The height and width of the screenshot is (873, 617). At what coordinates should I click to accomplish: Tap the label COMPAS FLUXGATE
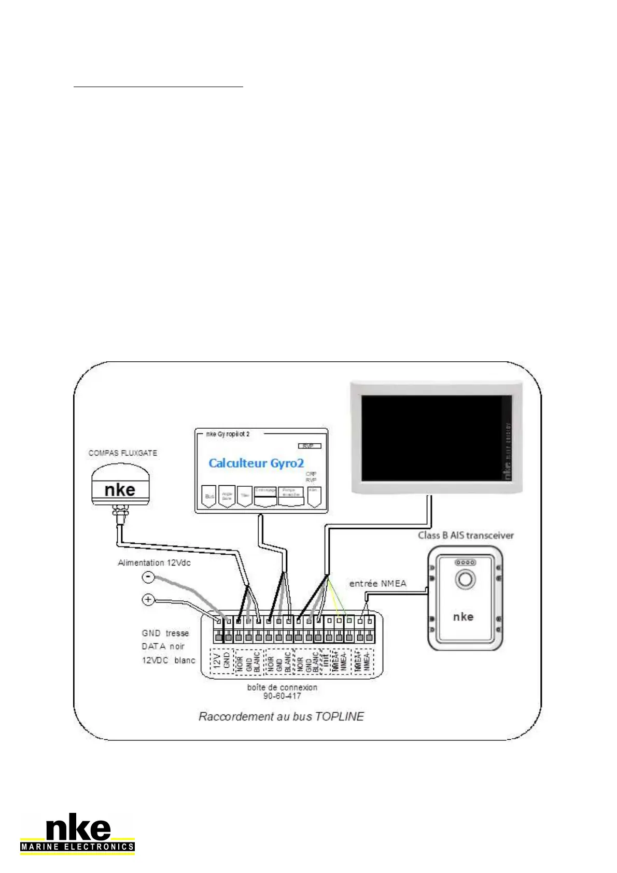122,453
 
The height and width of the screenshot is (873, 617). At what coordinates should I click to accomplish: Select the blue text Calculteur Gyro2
256,463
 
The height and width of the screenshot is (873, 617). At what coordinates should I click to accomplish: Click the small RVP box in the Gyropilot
310,446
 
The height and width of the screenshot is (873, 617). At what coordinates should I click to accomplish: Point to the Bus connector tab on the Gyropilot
209,496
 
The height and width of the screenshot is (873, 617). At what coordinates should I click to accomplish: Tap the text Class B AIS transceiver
466,536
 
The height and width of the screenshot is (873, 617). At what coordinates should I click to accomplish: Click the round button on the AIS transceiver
465,579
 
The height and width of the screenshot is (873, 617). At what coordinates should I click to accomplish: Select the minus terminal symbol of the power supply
148,576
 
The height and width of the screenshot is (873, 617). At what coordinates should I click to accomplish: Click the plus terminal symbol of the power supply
148,600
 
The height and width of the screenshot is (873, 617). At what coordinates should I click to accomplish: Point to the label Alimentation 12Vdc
154,563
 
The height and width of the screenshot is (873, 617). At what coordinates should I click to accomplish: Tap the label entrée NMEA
377,584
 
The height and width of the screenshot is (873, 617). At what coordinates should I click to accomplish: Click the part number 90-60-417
282,696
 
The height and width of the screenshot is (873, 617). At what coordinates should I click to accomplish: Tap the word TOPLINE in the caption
339,716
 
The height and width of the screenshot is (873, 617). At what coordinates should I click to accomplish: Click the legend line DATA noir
163,646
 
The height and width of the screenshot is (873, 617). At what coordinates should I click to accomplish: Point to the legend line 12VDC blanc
169,660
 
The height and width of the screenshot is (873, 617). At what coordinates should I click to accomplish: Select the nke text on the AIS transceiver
463,616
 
